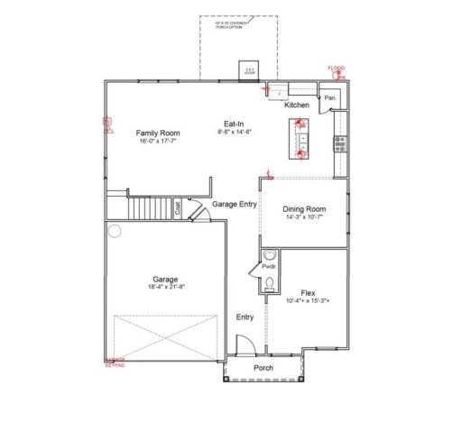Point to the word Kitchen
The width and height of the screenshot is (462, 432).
point(297,106)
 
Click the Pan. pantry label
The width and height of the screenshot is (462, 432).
point(331,97)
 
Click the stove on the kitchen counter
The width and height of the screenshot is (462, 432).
point(340,142)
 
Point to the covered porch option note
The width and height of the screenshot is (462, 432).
point(226,26)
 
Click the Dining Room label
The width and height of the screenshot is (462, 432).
point(303,208)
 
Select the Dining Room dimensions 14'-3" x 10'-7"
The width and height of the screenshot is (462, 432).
point(303,217)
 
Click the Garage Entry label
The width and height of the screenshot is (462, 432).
point(235,204)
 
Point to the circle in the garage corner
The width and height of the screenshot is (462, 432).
point(115,231)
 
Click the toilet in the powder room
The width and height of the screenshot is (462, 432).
point(269,285)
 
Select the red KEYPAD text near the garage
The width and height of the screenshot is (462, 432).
point(115,365)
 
